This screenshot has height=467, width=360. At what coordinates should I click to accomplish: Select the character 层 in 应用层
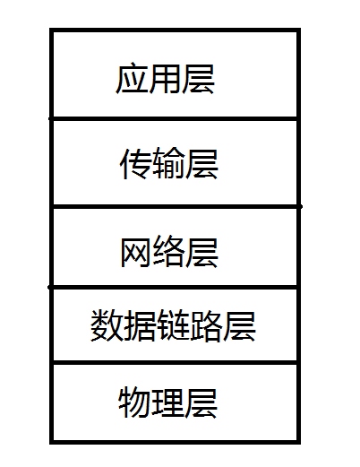[x=198, y=79]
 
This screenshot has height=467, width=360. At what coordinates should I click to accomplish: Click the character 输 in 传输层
[x=168, y=163]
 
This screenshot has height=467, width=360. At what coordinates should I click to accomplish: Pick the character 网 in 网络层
[x=135, y=252]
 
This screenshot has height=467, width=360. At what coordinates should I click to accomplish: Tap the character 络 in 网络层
[x=168, y=252]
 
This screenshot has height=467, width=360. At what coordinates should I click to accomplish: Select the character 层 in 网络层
[x=201, y=252]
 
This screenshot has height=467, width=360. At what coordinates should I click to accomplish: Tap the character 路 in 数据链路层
[x=206, y=325]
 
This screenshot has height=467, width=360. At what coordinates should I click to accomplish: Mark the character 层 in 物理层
[x=201, y=402]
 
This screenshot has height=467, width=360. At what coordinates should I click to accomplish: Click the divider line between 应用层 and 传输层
[x=175, y=119]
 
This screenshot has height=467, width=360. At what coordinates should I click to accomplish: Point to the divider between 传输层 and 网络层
[x=176, y=206]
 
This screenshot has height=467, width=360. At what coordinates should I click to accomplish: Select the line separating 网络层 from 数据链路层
[x=174, y=287]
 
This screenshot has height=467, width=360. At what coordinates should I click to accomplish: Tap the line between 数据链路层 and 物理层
[x=175, y=363]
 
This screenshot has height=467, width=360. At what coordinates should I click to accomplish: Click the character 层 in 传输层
[x=201, y=164]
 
